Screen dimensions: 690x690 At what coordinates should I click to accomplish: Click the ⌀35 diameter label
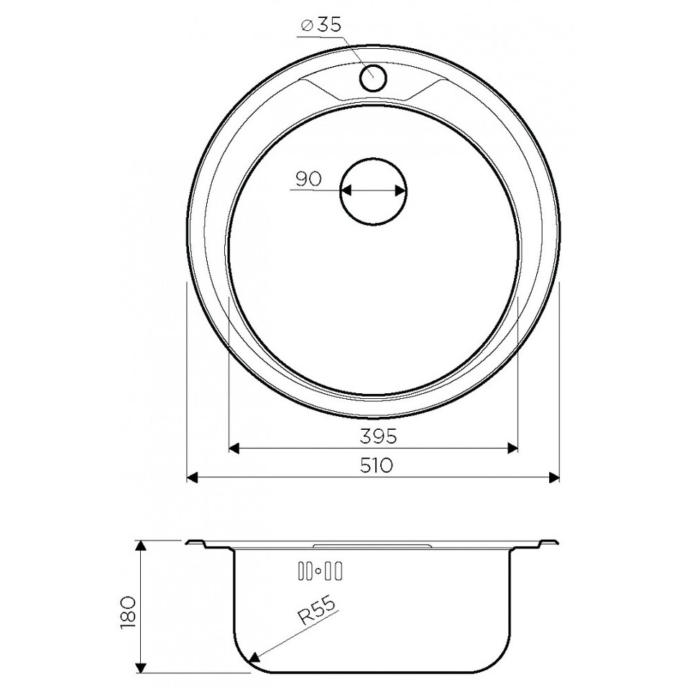321,26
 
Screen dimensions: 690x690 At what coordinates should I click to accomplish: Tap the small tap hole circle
373,78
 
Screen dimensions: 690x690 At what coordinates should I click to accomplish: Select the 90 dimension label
308,179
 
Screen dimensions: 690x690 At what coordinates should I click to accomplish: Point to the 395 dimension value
379,436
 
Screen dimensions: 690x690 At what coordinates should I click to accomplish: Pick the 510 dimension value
376,465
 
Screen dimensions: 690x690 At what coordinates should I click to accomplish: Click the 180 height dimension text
128,613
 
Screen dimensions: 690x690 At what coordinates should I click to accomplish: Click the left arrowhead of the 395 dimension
234,448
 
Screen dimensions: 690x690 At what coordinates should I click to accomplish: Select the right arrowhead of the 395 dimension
512,448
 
